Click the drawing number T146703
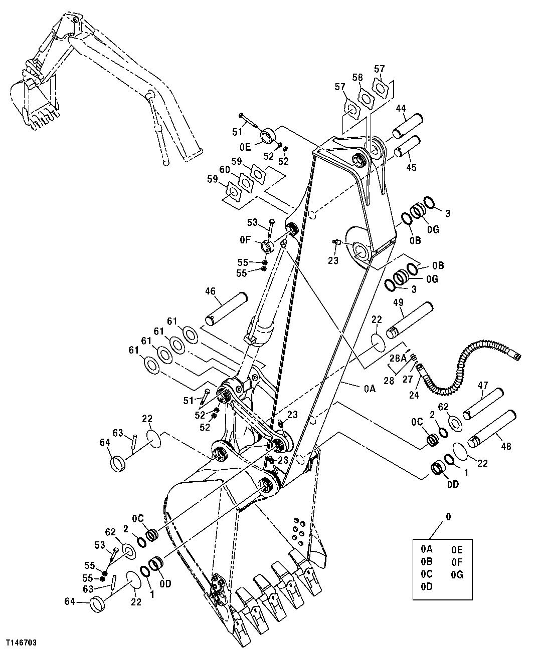click(x=21, y=641)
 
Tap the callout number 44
click(x=401, y=108)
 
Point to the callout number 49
click(x=398, y=302)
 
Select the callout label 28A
click(x=399, y=358)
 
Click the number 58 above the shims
click(x=357, y=78)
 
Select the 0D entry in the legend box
click(x=426, y=586)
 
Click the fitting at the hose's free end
click(x=516, y=357)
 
